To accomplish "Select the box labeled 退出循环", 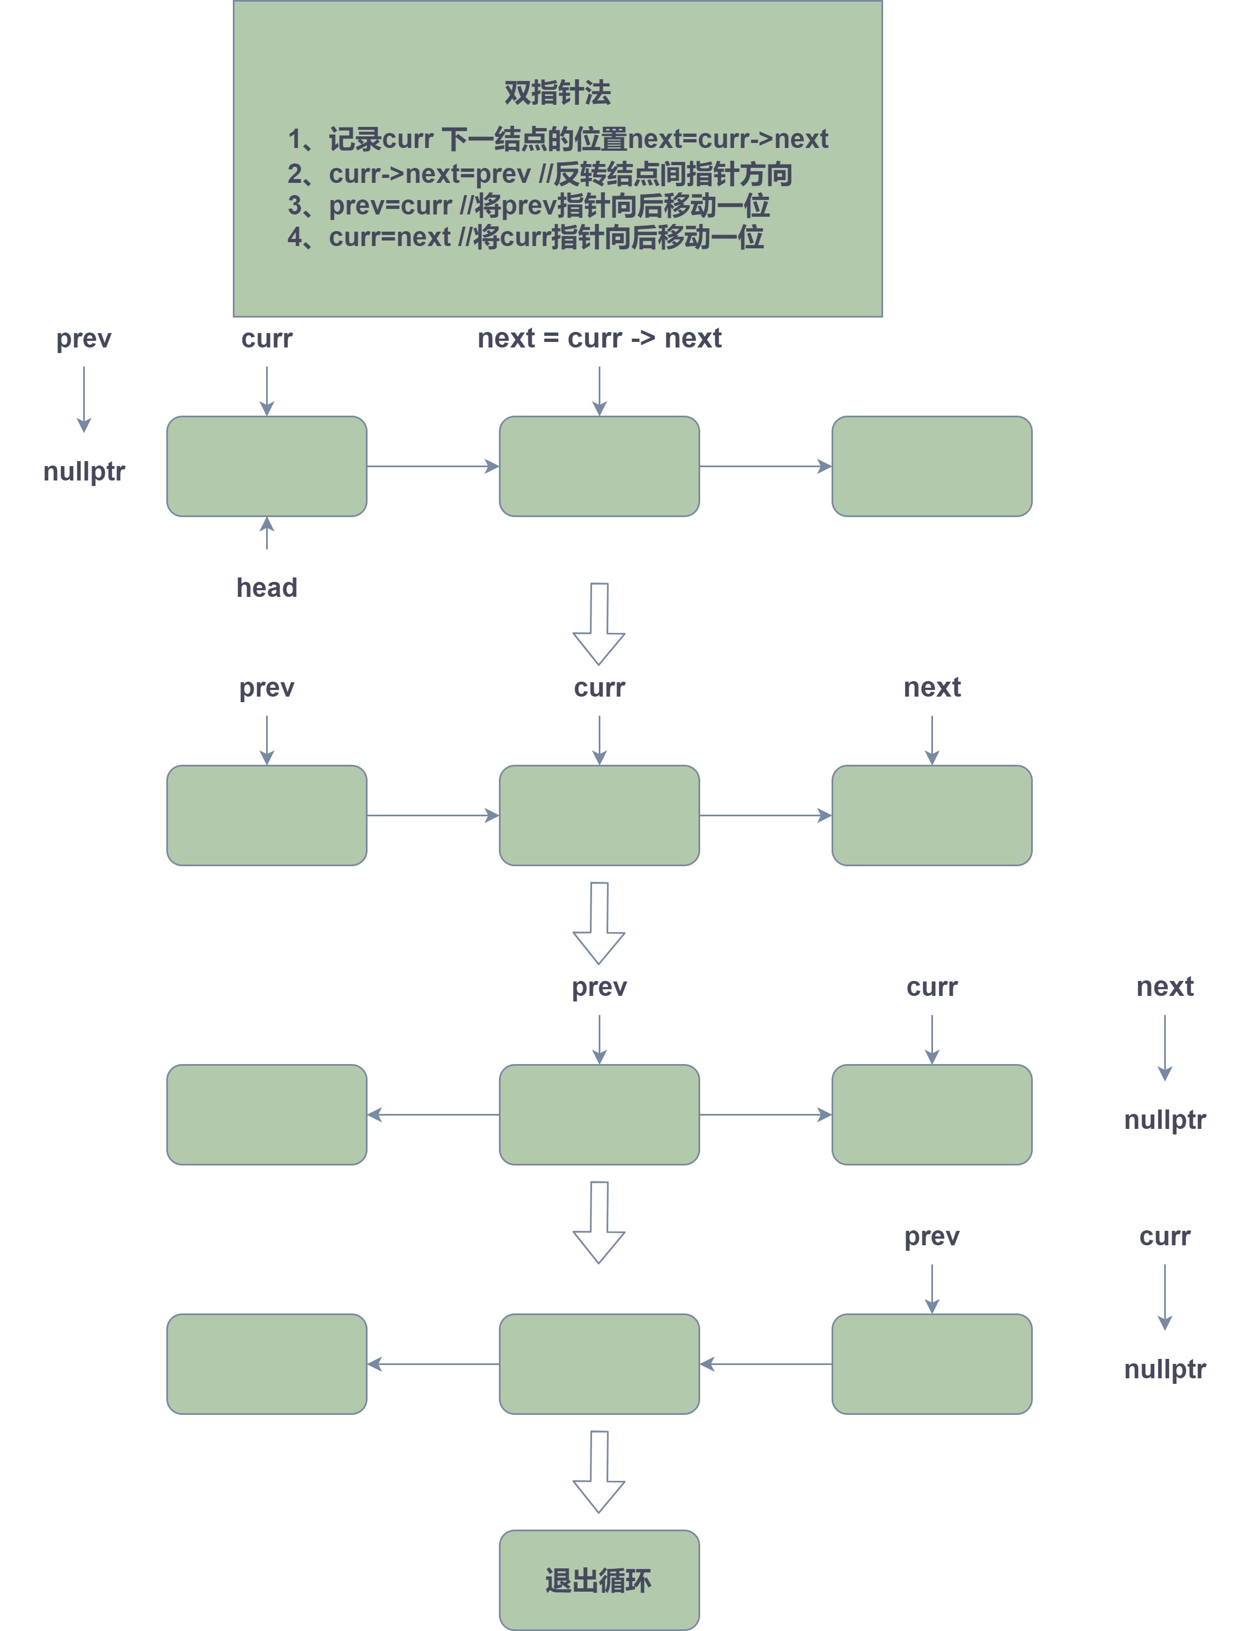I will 599,1579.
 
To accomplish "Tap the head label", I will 266,588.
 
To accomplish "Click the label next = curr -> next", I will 599,338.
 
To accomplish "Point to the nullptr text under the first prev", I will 84,471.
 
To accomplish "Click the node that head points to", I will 266,466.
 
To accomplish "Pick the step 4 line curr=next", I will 525,237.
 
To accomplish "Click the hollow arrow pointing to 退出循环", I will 599,1471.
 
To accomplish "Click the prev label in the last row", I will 931,1236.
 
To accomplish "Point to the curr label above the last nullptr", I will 1164,1236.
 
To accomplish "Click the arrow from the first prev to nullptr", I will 84,399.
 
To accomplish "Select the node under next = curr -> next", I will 599,466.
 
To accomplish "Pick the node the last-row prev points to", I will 931,1363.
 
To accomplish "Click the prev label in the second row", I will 266,687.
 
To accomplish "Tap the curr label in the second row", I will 599,687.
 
